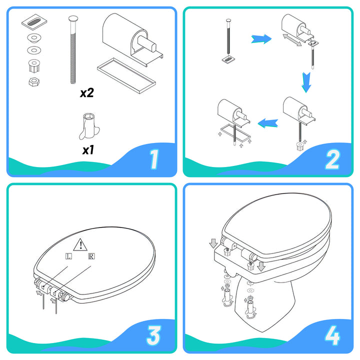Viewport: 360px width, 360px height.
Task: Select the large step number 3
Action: point(154,336)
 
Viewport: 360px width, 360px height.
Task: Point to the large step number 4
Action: point(332,336)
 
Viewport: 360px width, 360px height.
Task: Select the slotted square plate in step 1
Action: point(32,23)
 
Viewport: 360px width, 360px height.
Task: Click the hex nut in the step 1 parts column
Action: point(32,81)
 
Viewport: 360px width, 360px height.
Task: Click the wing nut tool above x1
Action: point(88,126)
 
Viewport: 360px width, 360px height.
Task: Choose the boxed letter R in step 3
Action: point(91,256)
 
